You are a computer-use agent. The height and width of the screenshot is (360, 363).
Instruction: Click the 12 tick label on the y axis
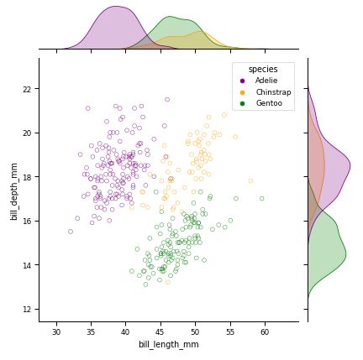(x=28, y=310)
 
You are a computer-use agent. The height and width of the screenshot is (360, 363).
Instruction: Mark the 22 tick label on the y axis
(x=28, y=89)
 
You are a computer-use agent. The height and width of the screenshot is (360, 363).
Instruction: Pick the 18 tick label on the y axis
(x=28, y=177)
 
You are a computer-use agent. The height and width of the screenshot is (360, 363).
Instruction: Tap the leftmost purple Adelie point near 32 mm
(x=71, y=232)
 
